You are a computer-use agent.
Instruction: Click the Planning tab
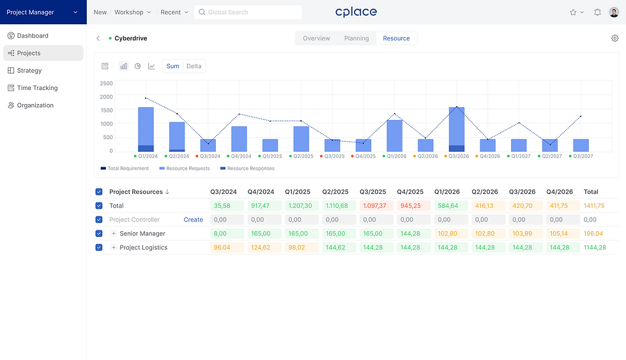tap(356, 38)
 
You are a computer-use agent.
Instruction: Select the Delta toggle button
tap(194, 66)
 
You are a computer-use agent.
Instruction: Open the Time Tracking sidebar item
tap(37, 88)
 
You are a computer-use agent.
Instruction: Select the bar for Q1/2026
tap(395, 135)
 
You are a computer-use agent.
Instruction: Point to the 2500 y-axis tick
tap(106, 84)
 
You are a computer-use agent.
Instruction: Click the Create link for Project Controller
tap(193, 220)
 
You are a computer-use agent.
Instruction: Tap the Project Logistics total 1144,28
tap(594, 248)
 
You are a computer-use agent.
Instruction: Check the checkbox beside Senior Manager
tap(98, 234)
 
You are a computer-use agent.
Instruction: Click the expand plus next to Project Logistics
tap(114, 248)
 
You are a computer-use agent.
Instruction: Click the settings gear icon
tap(615, 38)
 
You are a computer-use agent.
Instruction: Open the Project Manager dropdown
tap(43, 12)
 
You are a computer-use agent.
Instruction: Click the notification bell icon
tap(597, 12)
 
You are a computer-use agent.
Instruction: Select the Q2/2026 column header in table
tap(484, 191)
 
